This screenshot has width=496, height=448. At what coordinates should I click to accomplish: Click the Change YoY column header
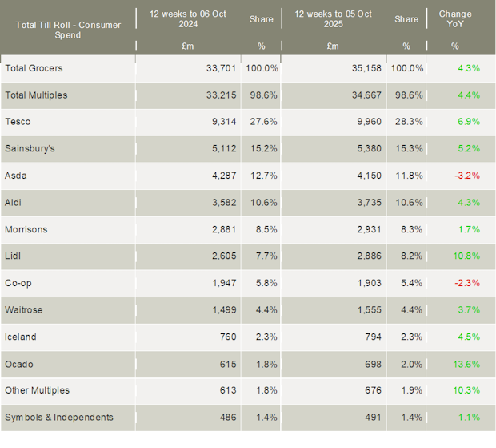(x=455, y=19)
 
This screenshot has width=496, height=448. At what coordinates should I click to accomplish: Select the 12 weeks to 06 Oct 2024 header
(x=188, y=19)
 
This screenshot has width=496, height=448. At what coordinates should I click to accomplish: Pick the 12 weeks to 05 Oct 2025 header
(x=333, y=19)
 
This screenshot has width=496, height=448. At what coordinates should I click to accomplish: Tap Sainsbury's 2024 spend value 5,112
(x=221, y=149)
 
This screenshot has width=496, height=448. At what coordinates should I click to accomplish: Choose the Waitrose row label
(x=24, y=310)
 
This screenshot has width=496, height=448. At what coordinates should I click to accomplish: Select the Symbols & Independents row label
(x=59, y=418)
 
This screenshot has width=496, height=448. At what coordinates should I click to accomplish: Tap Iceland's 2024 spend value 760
(x=227, y=337)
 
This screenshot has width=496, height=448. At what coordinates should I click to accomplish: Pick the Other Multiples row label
(x=38, y=391)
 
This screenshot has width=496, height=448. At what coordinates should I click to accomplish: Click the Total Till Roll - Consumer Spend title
(x=68, y=30)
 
